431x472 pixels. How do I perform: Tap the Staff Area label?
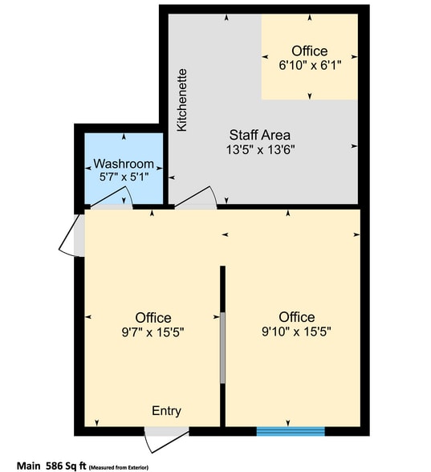[259, 135]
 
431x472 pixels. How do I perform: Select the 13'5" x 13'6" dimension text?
[259, 149]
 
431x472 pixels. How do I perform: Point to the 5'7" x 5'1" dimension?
[124, 177]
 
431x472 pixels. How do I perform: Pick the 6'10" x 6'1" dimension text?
[310, 66]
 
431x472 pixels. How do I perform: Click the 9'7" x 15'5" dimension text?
[152, 331]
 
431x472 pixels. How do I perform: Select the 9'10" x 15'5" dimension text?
[297, 331]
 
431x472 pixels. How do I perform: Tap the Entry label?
[166, 411]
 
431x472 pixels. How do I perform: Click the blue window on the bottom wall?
[291, 431]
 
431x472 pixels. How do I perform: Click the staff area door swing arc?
[197, 198]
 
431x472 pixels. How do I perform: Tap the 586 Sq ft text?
[67, 465]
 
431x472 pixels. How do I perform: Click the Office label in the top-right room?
[310, 51]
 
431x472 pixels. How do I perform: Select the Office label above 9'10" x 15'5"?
[297, 316]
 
